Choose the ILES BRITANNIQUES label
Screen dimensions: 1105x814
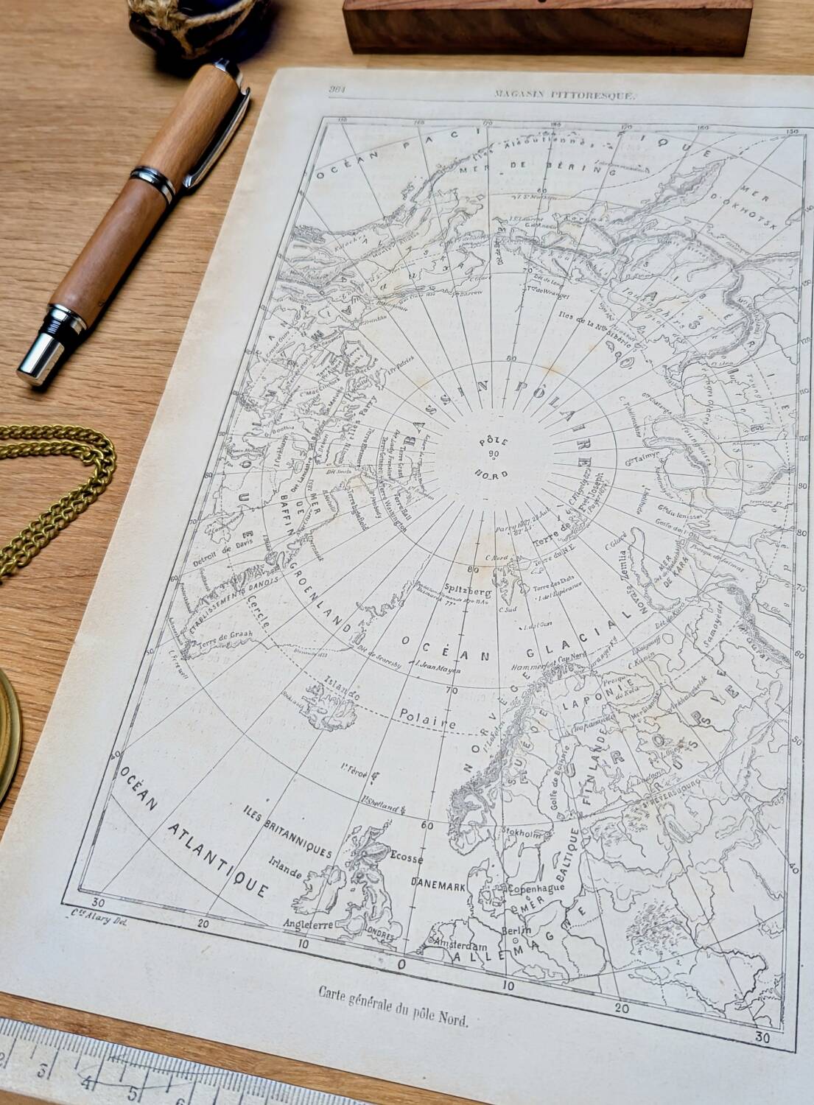click(287, 831)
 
